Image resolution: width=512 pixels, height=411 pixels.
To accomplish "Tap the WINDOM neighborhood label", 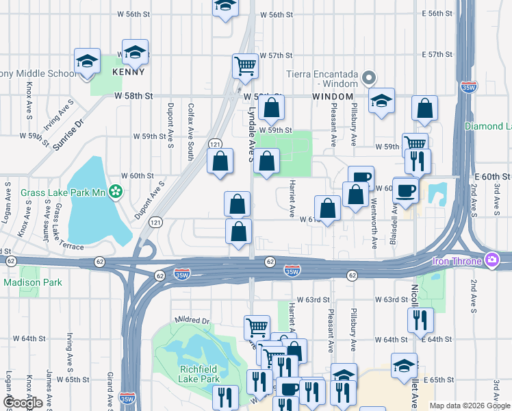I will [x=333, y=97].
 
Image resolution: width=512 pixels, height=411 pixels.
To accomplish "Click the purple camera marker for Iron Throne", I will [x=491, y=260].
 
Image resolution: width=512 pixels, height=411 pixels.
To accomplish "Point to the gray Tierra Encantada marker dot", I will [x=370, y=77].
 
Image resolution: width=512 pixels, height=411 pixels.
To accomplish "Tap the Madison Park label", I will [x=33, y=282].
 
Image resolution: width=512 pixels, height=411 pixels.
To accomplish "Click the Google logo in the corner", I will [x=23, y=403].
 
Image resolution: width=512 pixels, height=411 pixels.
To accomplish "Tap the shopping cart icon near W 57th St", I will [x=245, y=66].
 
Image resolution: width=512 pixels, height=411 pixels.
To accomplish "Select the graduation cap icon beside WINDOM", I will [x=381, y=100].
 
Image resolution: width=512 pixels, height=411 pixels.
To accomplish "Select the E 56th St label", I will [x=438, y=14].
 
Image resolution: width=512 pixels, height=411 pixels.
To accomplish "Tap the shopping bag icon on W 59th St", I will [x=271, y=108].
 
